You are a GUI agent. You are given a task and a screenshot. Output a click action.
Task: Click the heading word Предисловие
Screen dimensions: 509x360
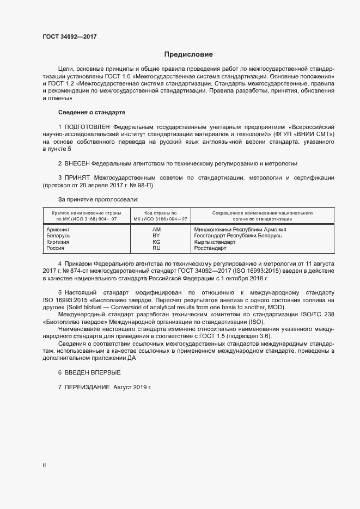[x=188, y=54]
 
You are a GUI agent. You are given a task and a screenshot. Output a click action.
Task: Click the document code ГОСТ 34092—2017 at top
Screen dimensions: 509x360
[x=70, y=36]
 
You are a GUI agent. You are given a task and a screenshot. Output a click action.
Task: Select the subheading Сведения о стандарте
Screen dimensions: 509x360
[x=91, y=112]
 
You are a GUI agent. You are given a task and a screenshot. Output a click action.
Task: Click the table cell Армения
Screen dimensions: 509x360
[x=58, y=230]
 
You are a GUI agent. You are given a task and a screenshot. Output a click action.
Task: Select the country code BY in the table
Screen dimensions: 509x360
[x=156, y=236]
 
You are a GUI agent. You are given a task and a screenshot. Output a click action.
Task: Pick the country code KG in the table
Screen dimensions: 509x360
[x=156, y=242]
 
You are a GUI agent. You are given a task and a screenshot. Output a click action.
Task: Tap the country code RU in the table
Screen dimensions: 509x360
[x=156, y=248]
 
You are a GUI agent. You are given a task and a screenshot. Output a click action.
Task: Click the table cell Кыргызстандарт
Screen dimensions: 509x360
[x=218, y=242]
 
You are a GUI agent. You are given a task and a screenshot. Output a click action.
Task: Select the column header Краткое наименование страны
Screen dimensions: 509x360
[x=87, y=213]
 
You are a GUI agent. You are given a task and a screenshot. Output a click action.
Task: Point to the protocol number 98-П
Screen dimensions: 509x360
[x=145, y=185]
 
